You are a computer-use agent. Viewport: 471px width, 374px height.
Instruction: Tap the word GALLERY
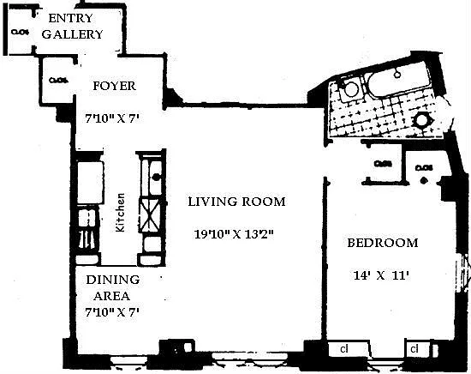tap(73, 35)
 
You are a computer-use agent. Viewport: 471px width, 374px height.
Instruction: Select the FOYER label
tap(114, 86)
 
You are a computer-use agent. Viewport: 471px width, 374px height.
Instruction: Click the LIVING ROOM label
tap(236, 202)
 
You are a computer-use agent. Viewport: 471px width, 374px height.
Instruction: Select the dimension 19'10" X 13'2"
tap(235, 232)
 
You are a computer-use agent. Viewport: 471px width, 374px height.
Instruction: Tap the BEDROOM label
tap(383, 243)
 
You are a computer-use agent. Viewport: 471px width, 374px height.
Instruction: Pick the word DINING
tap(111, 280)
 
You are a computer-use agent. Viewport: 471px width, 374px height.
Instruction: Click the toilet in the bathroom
tap(350, 88)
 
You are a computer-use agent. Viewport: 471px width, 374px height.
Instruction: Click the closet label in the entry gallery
tap(21, 33)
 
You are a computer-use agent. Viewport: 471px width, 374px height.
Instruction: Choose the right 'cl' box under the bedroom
tap(414, 349)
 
